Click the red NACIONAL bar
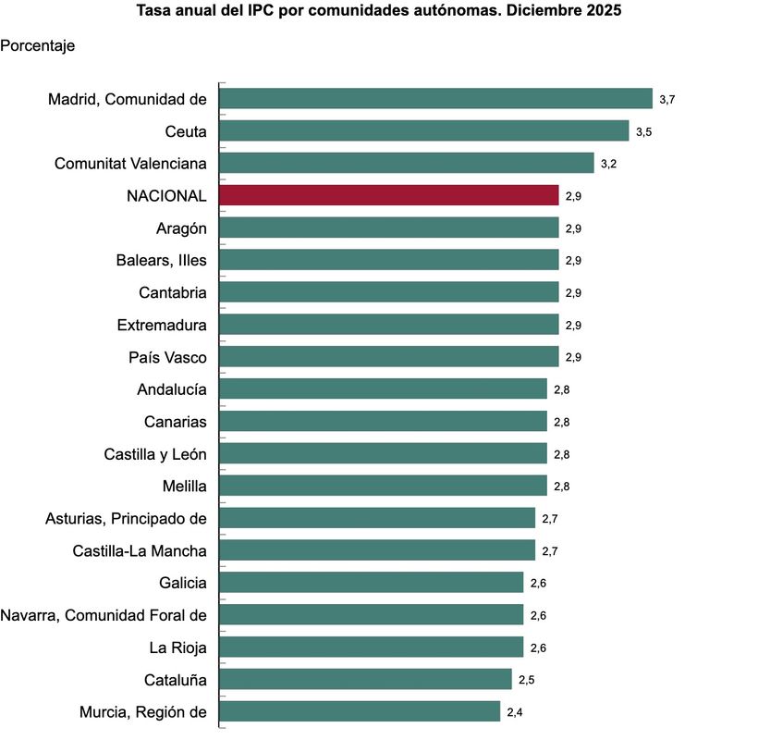coord(388,195)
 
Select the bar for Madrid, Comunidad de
coord(435,99)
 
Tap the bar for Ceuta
coord(423,131)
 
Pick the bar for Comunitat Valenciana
coord(406,163)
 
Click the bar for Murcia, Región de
coord(360,711)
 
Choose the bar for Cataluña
coord(365,679)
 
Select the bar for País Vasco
coord(388,357)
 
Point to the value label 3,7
coord(666,99)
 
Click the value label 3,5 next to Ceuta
coord(643,131)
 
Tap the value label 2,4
coord(515,712)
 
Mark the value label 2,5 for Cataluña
coord(526,680)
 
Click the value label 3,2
coord(608,164)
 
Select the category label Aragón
coord(181,228)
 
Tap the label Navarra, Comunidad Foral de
coord(104,615)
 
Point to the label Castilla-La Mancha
coord(140,550)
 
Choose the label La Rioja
coord(177,647)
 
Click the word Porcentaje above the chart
coord(38,44)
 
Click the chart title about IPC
coord(379,12)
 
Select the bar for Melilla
coord(383,486)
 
